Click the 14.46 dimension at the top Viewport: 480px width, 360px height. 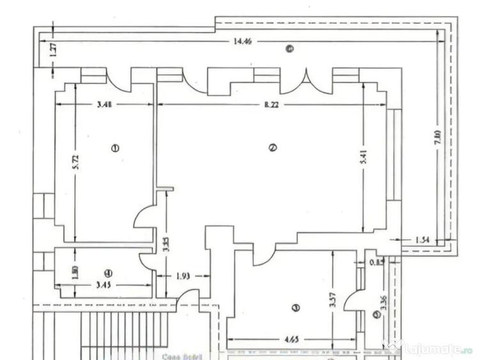click(242, 42)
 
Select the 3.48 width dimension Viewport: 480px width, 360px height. click(105, 104)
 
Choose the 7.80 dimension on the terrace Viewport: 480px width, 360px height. click(437, 137)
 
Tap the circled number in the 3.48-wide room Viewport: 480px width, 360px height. click(115, 148)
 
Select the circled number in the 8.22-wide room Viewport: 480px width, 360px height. click(272, 148)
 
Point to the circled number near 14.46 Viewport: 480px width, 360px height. click(290, 49)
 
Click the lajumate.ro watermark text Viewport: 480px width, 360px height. click(438, 349)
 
